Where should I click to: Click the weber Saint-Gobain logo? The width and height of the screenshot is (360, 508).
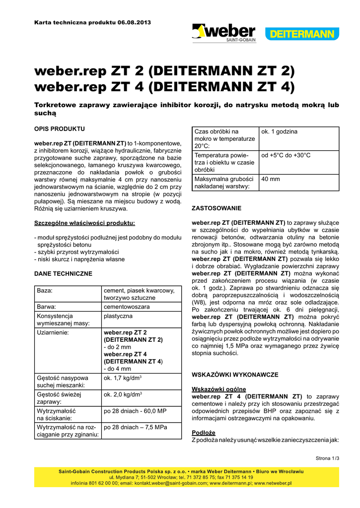223,33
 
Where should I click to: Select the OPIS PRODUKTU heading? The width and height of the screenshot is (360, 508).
59,128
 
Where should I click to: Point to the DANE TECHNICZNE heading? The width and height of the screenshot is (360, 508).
63,273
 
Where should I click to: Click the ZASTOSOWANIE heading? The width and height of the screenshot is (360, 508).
216,208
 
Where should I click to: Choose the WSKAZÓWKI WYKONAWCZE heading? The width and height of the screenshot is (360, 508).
235,375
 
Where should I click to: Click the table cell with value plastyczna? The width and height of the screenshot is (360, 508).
118,316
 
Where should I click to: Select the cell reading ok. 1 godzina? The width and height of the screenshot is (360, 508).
280,131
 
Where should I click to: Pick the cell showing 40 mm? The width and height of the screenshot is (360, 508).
271,179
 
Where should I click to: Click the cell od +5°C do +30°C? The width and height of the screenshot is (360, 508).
286,155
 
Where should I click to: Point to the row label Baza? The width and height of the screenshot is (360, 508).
45,290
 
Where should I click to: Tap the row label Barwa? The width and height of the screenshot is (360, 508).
47,307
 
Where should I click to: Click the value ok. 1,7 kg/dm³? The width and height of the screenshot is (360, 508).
123,378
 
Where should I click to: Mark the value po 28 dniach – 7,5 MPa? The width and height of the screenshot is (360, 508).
135,427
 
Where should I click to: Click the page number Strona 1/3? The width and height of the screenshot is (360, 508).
327,458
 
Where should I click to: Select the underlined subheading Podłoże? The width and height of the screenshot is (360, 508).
203,433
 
